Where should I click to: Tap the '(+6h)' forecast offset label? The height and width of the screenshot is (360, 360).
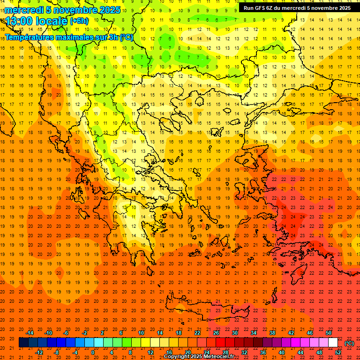(79, 21)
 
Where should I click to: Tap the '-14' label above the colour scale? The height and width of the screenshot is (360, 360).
(30, 333)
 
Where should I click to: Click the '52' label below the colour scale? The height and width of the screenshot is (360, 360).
(338, 352)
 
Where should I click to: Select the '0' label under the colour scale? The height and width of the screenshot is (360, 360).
(93, 352)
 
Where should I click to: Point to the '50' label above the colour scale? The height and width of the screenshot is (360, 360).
(329, 333)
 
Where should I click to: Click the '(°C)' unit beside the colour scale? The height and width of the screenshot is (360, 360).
(349, 343)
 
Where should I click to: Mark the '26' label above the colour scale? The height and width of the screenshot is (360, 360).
(216, 333)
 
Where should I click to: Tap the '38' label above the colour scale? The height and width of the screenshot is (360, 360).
(272, 333)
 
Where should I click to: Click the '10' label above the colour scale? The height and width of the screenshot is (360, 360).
(141, 333)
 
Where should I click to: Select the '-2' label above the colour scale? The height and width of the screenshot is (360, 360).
(85, 333)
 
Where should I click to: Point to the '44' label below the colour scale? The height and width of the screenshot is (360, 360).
(300, 352)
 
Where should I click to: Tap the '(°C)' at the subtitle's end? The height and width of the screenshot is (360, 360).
(126, 37)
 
